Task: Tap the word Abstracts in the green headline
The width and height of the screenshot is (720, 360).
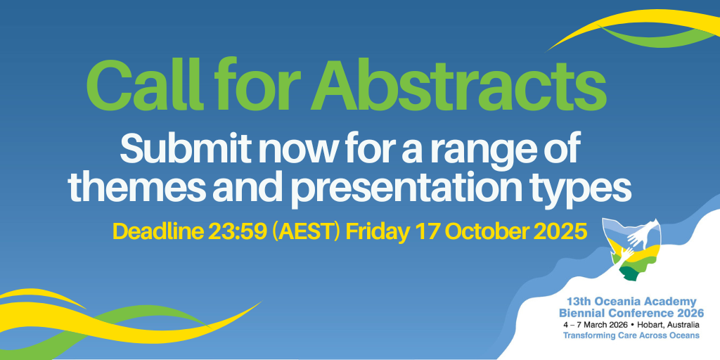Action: coord(458,85)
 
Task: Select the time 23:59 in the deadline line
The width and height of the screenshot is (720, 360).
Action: coord(237,232)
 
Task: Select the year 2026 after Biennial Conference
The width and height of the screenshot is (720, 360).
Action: coord(690,314)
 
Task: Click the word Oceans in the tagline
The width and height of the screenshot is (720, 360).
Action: coord(686,335)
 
